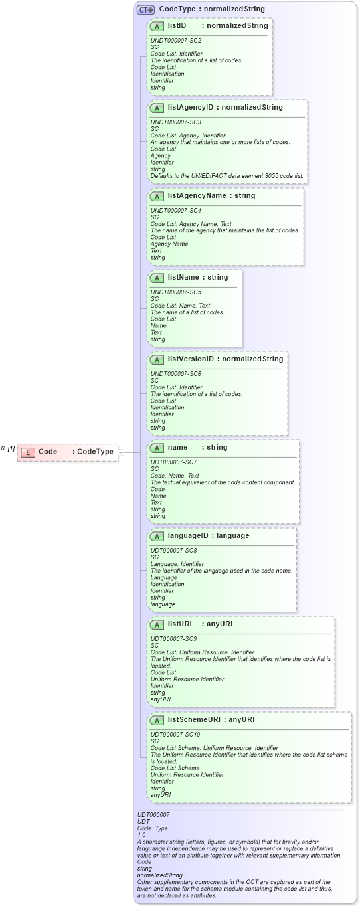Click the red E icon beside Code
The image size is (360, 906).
[x=28, y=452]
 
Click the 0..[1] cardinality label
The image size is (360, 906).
[x=8, y=448]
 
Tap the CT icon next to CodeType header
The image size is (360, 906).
[x=145, y=9]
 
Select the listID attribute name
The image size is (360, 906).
[x=177, y=26]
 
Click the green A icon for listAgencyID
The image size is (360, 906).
[x=157, y=108]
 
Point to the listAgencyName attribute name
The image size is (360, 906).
[x=197, y=196]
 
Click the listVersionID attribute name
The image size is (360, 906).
[x=191, y=359]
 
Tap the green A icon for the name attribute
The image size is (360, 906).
[x=157, y=448]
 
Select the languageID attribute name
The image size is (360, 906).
[x=189, y=536]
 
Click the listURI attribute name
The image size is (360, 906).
[x=180, y=624]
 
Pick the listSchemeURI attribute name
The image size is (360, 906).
[x=194, y=719]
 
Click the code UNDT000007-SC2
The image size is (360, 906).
[x=176, y=41]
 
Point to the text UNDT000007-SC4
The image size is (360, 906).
[x=176, y=211]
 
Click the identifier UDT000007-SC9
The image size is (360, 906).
[x=173, y=639]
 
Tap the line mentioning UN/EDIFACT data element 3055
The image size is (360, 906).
[x=227, y=176]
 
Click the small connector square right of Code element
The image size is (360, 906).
[x=121, y=452]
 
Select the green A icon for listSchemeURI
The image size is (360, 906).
[x=157, y=720]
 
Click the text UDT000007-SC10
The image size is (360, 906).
[x=175, y=735]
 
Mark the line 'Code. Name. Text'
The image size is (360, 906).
[x=175, y=476]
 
